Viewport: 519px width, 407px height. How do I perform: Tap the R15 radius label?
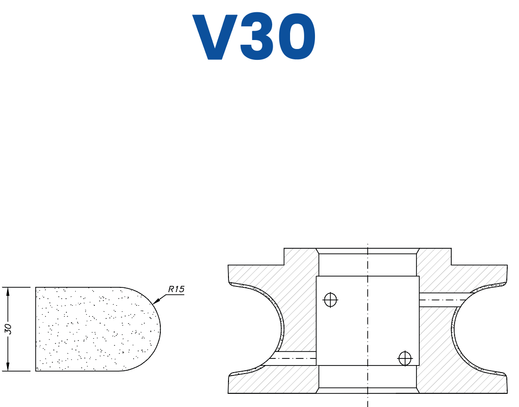pos(176,289)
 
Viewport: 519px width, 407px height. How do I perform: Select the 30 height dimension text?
pos(8,329)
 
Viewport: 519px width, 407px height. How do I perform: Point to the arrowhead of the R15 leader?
pos(156,301)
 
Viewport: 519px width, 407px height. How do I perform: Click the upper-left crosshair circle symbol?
pos(330,299)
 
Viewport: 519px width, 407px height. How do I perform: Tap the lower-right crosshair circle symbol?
pos(404,358)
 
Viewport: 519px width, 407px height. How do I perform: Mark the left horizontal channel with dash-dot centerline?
pos(294,358)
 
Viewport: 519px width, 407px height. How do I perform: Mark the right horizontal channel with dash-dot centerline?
pos(442,300)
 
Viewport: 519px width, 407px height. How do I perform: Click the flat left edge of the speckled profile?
pos(36,329)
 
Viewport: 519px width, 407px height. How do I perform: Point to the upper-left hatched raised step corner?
pos(285,250)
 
